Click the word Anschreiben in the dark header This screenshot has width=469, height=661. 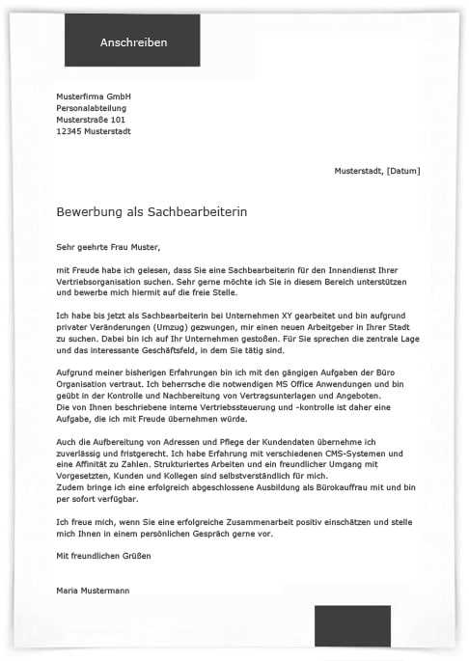133,42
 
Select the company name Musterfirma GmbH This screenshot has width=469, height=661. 94,97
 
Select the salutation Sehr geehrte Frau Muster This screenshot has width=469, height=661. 107,247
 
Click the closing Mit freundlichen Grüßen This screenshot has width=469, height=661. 103,557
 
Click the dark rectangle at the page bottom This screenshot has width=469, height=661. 352,627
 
